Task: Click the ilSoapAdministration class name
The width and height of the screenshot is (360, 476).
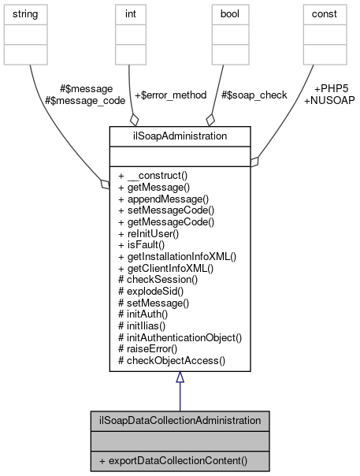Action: (180, 136)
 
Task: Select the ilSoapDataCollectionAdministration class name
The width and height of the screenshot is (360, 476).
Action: (180, 421)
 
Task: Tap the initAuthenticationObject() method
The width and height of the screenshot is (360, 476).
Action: (180, 337)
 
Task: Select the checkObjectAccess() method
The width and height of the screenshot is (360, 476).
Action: (172, 360)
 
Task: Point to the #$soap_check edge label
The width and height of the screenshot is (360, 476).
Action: (254, 95)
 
